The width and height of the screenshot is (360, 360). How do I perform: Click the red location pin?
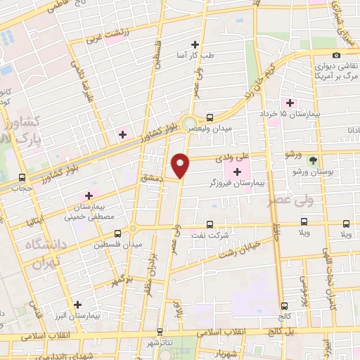point(181,165)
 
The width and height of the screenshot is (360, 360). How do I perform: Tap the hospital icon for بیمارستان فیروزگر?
point(237,171)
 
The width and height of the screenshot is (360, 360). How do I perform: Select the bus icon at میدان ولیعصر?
point(210,118)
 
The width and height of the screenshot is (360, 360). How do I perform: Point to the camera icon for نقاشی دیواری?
point(337,55)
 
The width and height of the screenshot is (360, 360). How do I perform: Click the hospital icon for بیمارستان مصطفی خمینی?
point(89,195)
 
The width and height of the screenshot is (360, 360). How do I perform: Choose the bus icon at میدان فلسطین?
point(117,233)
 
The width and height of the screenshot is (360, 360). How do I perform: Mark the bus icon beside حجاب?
point(22,177)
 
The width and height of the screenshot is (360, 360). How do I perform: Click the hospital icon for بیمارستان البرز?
point(77,304)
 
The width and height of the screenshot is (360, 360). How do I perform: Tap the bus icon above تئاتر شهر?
point(160,331)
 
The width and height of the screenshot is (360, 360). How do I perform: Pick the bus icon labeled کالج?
point(284,306)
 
